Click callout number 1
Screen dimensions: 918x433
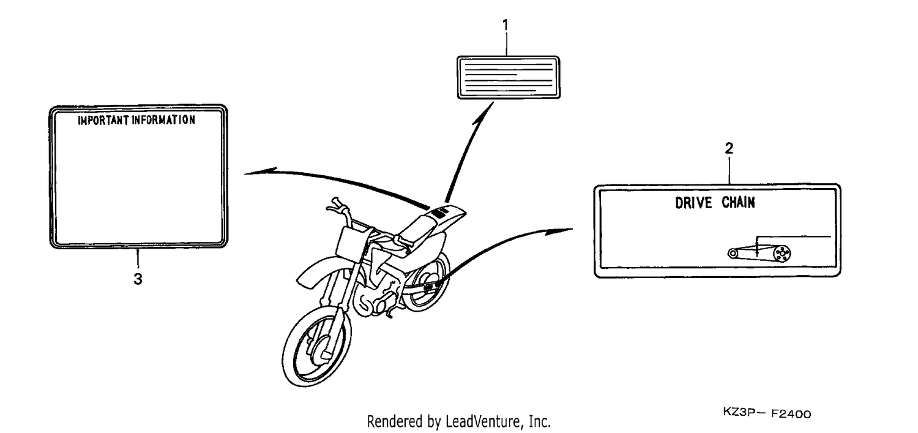506,26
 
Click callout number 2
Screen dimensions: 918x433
729,148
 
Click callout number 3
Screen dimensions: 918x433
138,279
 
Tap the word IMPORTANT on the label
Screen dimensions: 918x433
103,120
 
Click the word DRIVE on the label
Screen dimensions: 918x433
693,203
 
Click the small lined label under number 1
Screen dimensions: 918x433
508,78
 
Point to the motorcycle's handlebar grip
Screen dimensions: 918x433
335,201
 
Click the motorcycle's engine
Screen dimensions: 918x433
375,297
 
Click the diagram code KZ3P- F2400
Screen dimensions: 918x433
767,413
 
